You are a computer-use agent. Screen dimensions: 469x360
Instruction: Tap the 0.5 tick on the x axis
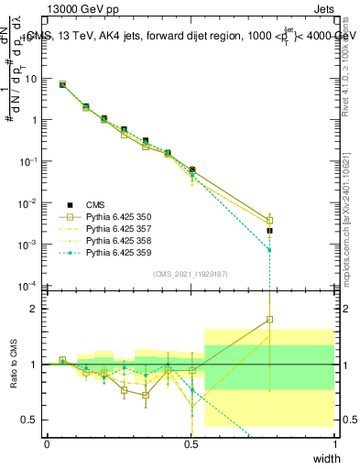(x=191, y=444)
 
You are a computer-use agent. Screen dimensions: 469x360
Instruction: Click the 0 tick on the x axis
(x=48, y=444)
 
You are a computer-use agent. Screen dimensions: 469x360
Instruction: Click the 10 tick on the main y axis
(x=31, y=79)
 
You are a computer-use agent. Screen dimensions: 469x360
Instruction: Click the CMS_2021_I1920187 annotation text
(x=191, y=274)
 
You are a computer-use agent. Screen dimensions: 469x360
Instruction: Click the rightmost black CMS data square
(x=269, y=231)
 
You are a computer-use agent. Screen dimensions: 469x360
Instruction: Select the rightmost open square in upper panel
(x=269, y=221)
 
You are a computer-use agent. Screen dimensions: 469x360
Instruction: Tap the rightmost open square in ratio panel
(x=269, y=320)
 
